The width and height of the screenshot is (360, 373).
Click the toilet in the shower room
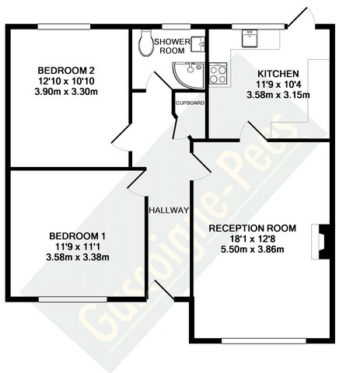pyautogui.click(x=146, y=43)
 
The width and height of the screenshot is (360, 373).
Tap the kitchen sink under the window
pyautogui.click(x=250, y=39)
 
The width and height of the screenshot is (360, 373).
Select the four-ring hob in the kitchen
pyautogui.click(x=218, y=74)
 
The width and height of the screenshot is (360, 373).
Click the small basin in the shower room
pyautogui.click(x=197, y=44)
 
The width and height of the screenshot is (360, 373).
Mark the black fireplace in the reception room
pyautogui.click(x=324, y=242)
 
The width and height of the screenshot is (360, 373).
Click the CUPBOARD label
pyautogui.click(x=190, y=103)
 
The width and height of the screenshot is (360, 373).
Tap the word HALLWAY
pyautogui.click(x=169, y=210)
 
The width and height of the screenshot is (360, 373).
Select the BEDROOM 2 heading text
pyautogui.click(x=66, y=70)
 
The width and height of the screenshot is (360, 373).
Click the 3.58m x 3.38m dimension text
pyautogui.click(x=78, y=257)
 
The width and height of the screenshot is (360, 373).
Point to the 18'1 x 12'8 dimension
pyautogui.click(x=253, y=239)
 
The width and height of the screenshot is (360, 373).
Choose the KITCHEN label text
pyautogui.click(x=278, y=74)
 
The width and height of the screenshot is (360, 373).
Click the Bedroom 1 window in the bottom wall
pyautogui.click(x=73, y=299)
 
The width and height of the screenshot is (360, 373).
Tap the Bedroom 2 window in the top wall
pyautogui.click(x=64, y=26)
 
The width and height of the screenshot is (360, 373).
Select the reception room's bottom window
pyautogui.click(x=264, y=341)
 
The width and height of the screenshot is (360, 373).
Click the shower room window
pyautogui.click(x=177, y=26)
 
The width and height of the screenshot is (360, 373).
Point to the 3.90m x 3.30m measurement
pyautogui.click(x=66, y=92)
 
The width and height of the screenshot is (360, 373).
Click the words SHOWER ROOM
pyautogui.click(x=172, y=46)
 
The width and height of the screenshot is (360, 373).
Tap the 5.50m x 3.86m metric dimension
pyautogui.click(x=253, y=249)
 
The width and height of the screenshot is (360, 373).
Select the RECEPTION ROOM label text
pyautogui.click(x=253, y=228)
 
